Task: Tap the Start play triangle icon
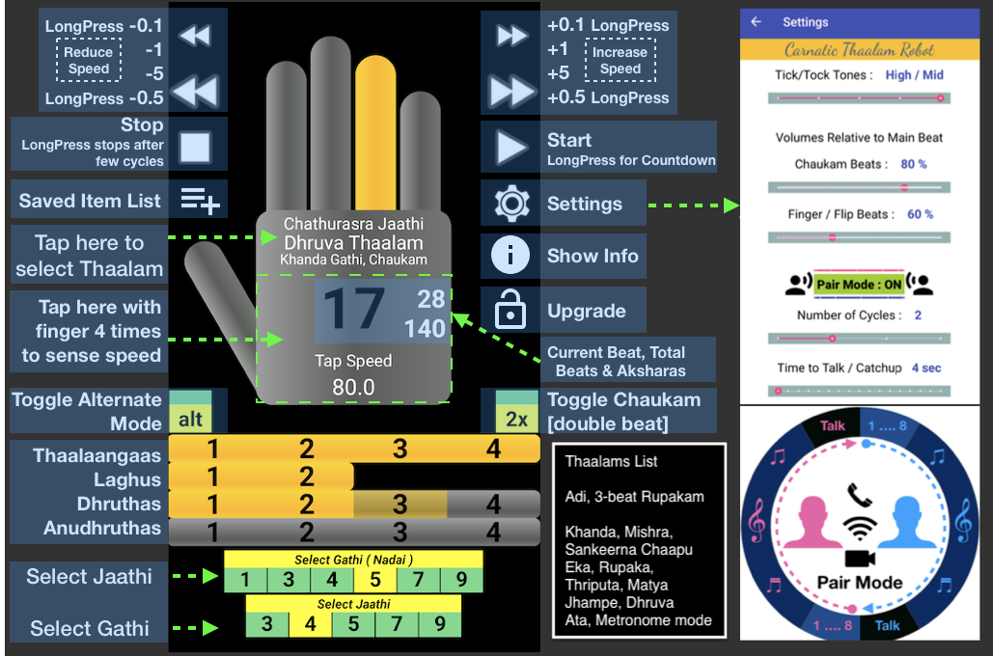pos(510,148)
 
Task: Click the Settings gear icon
pos(511,204)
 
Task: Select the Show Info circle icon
pos(510,256)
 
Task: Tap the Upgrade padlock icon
pos(510,311)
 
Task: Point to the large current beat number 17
pos(353,311)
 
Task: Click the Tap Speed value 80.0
pos(353,388)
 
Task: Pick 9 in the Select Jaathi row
pos(440,623)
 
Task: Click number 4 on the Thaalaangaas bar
pos(494,449)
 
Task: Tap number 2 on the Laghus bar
pos(306,476)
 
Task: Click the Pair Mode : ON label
pos(859,285)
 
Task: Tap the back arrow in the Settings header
pos(757,22)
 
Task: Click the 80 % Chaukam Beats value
pos(913,164)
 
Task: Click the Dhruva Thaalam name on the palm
pos(353,242)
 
